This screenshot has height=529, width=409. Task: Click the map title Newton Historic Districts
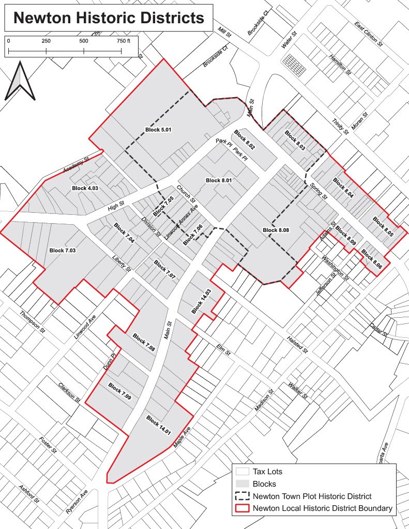[109, 19]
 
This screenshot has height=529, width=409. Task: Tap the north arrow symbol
[20, 81]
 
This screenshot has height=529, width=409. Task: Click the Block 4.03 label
[85, 188]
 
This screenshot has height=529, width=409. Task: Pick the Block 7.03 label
[63, 251]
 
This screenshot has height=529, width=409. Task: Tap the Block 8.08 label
[276, 230]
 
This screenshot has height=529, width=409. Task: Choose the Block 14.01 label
[159, 425]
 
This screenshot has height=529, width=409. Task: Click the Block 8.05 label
[383, 227]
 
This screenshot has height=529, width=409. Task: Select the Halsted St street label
[298, 345]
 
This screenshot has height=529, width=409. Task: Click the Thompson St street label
[32, 321]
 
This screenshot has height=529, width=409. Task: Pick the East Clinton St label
[368, 34]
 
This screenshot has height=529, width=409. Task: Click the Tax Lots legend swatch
[242, 472]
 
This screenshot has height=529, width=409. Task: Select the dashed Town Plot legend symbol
[242, 496]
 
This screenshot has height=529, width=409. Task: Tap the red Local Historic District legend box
[242, 508]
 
